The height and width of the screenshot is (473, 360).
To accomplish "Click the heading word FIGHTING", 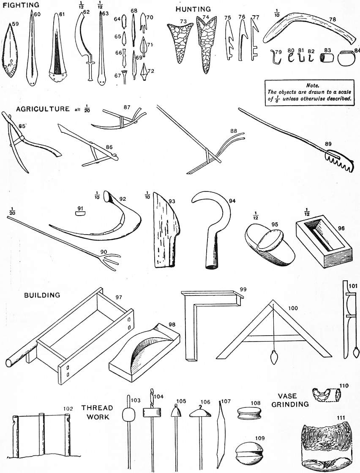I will [x=21, y=5].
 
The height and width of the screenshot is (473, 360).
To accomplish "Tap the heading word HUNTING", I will [x=193, y=9].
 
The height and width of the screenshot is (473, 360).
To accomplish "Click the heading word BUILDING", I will [x=41, y=295].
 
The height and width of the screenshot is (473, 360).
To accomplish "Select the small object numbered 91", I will [x=80, y=213].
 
